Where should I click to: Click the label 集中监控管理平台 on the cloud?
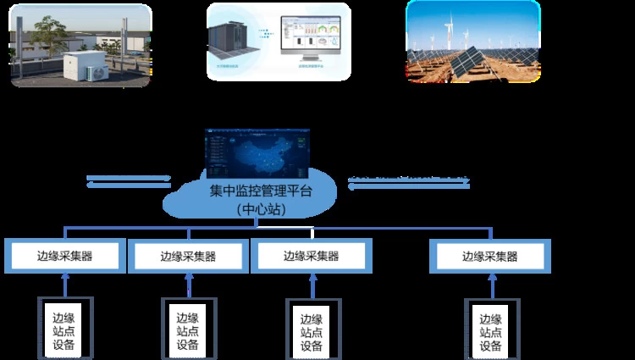pyautogui.click(x=260, y=192)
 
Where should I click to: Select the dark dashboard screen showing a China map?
pyautogui.click(x=258, y=154)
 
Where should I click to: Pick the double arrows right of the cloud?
pyautogui.click(x=409, y=182)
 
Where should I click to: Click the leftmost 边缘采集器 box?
pyautogui.click(x=64, y=256)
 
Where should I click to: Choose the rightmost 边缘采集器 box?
pyautogui.click(x=490, y=256)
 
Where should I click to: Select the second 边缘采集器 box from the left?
pyautogui.click(x=188, y=256)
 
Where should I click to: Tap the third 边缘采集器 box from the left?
pyautogui.click(x=311, y=256)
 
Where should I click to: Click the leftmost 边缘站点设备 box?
pyautogui.click(x=64, y=326)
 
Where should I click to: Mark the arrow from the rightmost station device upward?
pyautogui.click(x=490, y=285)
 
